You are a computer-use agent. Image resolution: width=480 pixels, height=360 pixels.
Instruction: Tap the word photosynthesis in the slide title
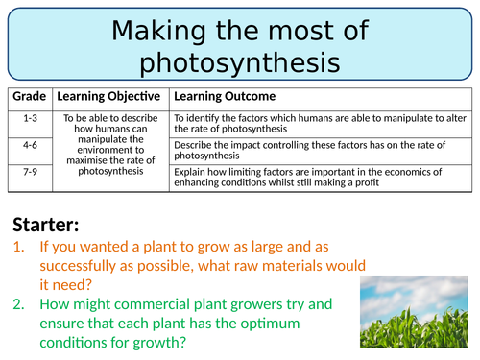(240, 62)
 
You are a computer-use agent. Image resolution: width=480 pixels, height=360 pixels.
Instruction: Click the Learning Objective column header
(109, 97)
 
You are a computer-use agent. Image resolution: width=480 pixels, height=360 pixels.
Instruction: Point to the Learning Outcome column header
(224, 97)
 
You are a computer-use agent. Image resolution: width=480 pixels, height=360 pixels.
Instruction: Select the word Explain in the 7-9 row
(192, 172)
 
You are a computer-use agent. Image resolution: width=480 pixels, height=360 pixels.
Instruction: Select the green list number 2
(20, 304)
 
